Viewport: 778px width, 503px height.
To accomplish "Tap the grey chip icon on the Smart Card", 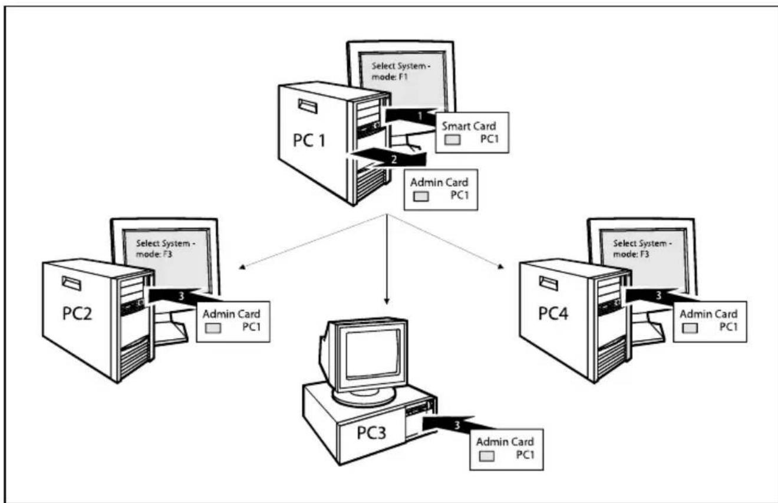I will tap(453, 140).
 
